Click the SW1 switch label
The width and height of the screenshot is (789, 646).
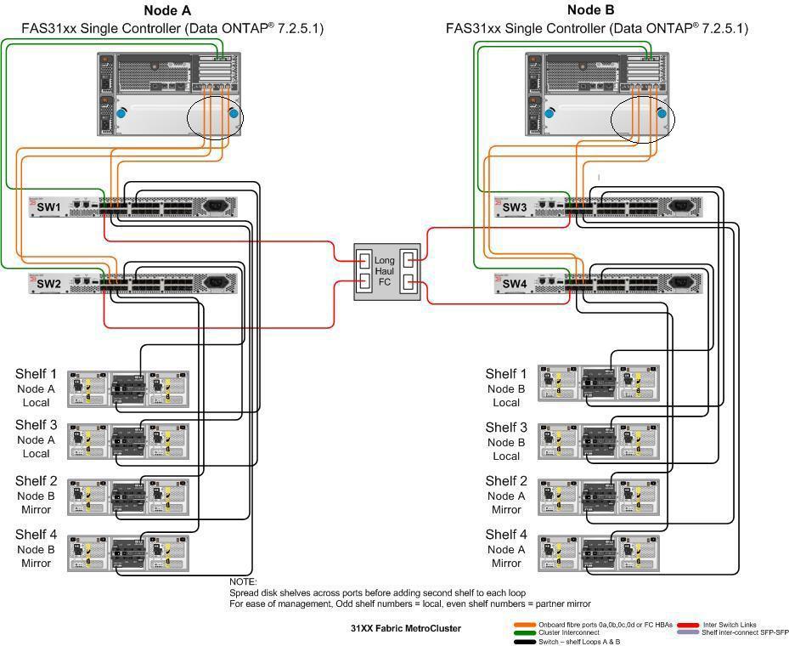click(x=48, y=207)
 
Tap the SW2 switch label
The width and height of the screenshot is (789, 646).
click(x=48, y=283)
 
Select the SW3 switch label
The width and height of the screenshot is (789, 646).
click(x=515, y=207)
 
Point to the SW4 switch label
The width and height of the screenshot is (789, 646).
click(x=515, y=284)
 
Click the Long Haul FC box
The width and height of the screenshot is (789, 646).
click(x=385, y=269)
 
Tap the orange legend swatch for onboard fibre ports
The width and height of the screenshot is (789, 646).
click(x=525, y=625)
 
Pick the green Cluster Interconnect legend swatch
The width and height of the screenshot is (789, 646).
click(x=525, y=632)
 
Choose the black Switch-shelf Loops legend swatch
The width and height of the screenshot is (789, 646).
click(x=525, y=641)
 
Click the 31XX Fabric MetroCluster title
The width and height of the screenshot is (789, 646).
click(x=406, y=628)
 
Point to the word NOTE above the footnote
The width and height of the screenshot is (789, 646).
click(x=243, y=581)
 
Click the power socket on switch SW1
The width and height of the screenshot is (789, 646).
click(x=214, y=207)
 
